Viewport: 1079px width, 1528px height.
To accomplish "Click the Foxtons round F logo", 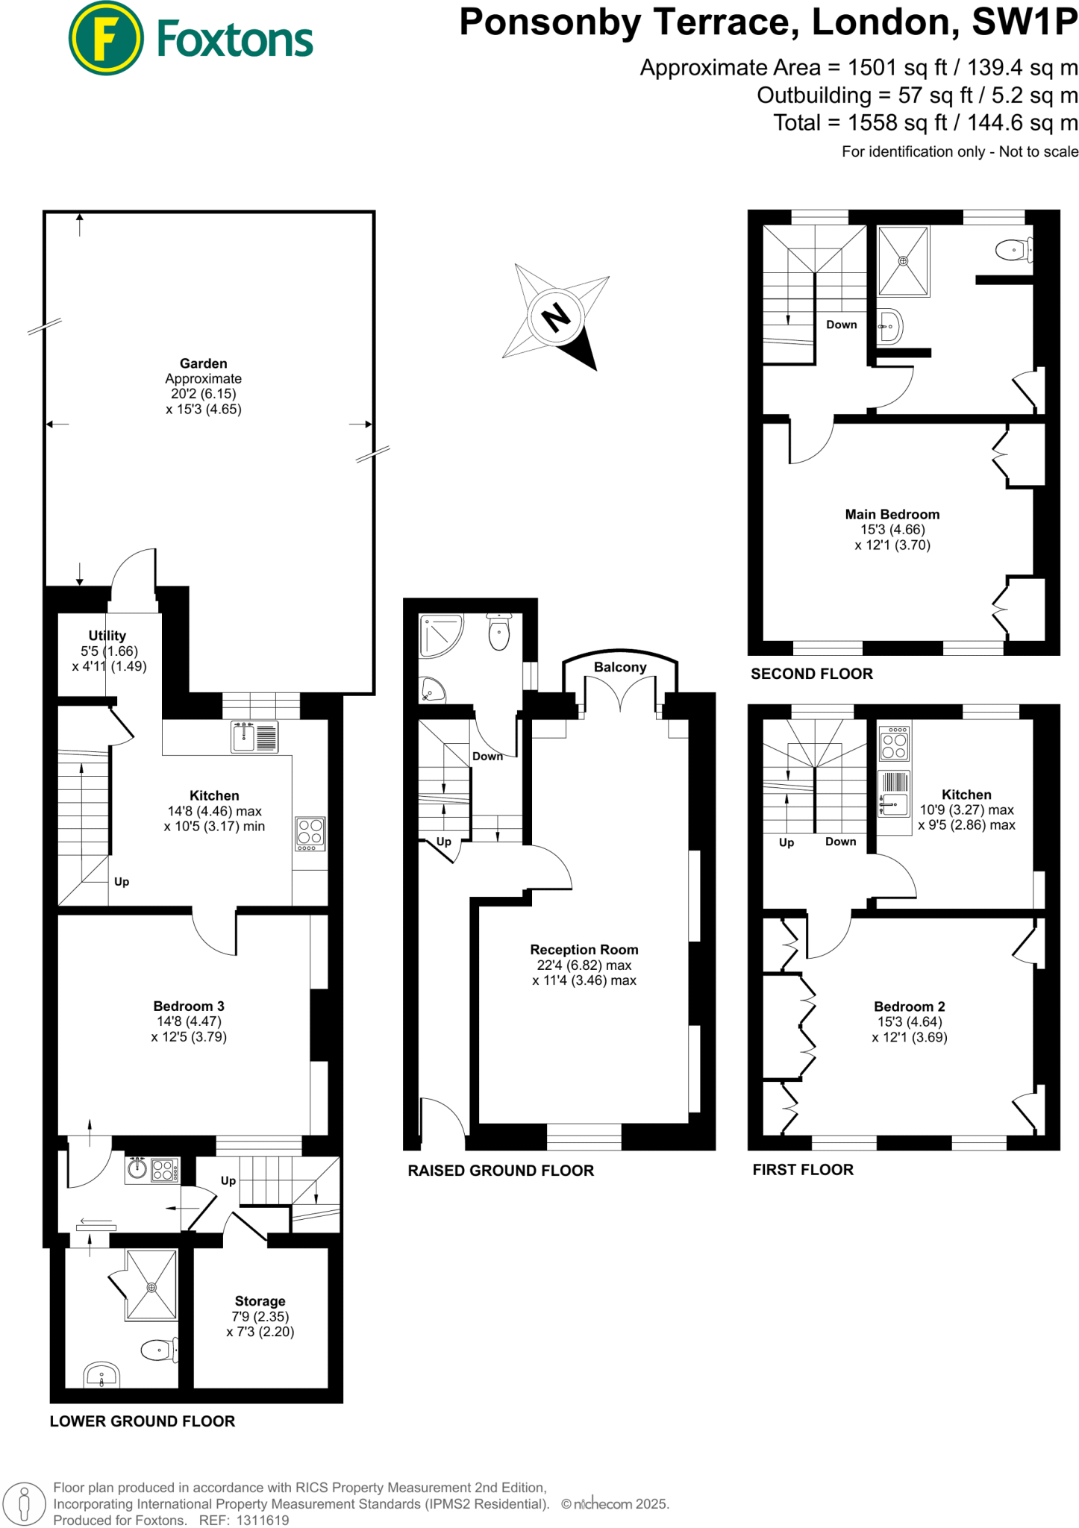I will [x=105, y=38].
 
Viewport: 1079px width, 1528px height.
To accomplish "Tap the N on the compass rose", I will [x=556, y=316].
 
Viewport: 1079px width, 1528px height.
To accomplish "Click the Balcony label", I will [x=619, y=667].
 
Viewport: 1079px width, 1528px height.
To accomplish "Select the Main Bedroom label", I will [x=892, y=514].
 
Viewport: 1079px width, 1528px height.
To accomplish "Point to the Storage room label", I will [x=260, y=1300].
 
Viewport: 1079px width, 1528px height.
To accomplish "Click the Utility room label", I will [x=107, y=636].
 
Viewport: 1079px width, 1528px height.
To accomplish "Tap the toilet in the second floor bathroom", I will [x=1013, y=250].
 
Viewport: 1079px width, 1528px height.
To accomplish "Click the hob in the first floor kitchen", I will [x=894, y=744].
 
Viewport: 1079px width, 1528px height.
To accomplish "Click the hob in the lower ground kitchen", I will [x=310, y=833].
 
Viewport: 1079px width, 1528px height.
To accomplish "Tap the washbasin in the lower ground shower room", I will [x=101, y=1374].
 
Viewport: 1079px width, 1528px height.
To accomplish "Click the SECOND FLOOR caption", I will [x=811, y=674].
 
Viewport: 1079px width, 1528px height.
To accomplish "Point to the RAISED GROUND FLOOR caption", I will [x=500, y=1171].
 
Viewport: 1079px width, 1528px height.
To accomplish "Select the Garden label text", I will [x=203, y=363].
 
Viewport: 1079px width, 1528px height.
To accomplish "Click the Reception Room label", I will [x=584, y=950].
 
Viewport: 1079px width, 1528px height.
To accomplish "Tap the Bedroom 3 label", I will [x=188, y=1006].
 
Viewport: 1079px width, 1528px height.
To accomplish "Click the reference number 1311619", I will [x=263, y=1520].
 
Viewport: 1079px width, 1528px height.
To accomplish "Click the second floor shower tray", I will [x=903, y=261].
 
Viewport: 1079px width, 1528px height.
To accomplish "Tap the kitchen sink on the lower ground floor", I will [x=244, y=737].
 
